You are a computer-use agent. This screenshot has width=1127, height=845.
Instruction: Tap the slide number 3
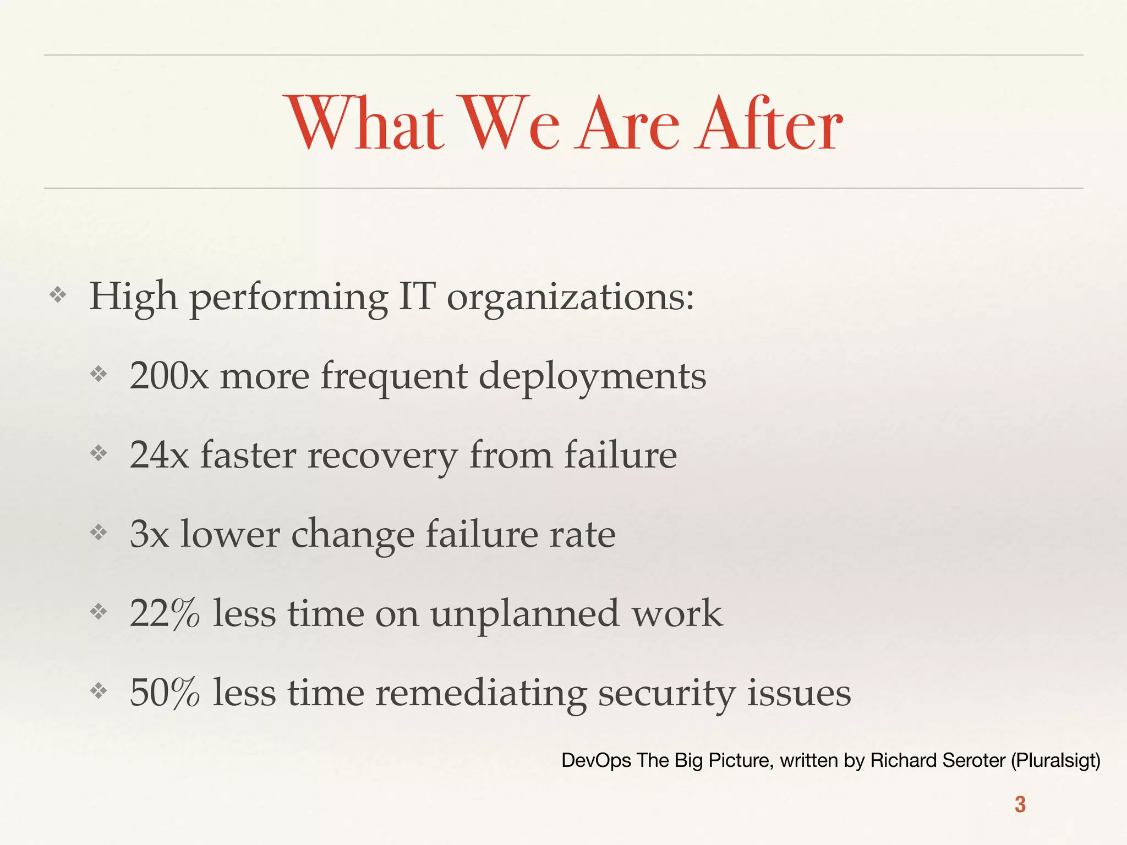click(1020, 804)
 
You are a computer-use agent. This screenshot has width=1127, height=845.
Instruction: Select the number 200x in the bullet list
click(169, 376)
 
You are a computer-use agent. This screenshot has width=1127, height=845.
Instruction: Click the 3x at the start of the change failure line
click(149, 534)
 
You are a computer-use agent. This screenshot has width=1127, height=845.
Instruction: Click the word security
click(666, 693)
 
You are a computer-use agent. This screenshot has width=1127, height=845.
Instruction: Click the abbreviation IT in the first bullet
click(417, 297)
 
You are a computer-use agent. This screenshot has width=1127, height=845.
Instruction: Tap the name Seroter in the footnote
click(974, 760)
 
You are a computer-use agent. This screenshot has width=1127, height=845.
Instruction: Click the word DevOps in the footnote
click(596, 760)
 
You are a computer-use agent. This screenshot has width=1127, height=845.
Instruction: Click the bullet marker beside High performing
click(58, 295)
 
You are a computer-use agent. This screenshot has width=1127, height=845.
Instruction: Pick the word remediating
click(481, 693)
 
